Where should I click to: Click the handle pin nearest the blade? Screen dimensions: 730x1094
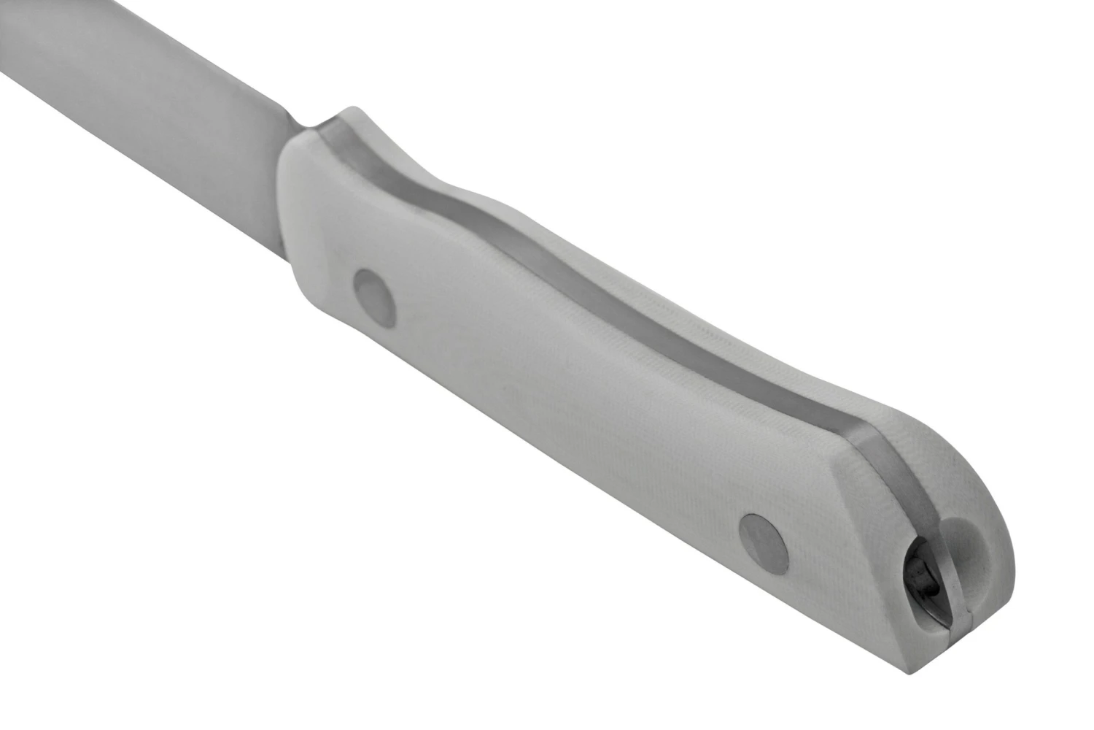click(374, 297)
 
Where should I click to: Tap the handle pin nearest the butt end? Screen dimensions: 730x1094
click(764, 541)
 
